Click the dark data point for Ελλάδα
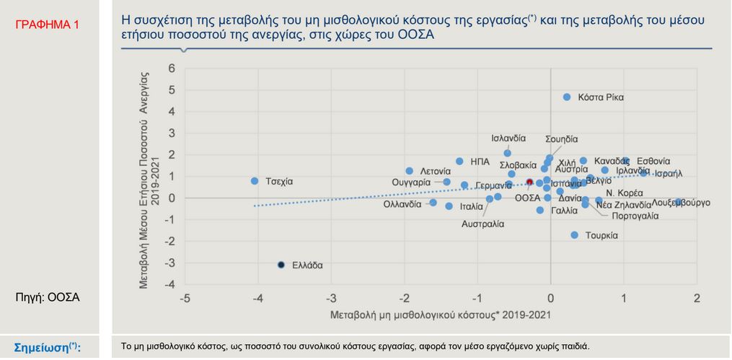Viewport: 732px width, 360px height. [x=281, y=265]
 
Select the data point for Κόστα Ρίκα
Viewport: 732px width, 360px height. [x=567, y=97]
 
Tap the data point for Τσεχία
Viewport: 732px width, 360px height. [x=255, y=180]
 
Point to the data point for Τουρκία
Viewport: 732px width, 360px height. [x=575, y=235]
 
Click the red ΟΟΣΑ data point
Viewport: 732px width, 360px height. [x=529, y=183]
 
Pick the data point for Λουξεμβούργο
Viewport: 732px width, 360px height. [x=679, y=202]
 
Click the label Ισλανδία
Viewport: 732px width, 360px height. [x=508, y=139]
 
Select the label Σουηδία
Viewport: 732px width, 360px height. [x=562, y=139]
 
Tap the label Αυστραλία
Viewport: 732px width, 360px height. [x=482, y=224]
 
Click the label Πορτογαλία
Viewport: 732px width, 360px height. [x=635, y=215]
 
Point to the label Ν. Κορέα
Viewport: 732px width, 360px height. [x=624, y=193]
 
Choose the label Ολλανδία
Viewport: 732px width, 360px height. [x=402, y=204]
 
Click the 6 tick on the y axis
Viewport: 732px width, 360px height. [x=172, y=69]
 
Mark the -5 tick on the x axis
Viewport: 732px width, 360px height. [x=185, y=298]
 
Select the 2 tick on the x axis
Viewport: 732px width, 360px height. [x=697, y=298]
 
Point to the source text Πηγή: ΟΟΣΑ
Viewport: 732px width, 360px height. [x=47, y=297]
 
